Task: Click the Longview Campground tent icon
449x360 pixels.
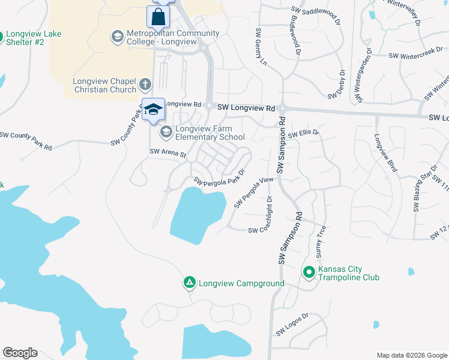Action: (189, 282)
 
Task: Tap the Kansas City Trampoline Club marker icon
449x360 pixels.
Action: (309, 273)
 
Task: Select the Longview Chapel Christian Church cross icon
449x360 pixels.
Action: (145, 83)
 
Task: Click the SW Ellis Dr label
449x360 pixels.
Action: (304, 134)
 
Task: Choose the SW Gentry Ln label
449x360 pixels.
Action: (261, 46)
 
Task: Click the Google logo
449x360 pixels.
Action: (20, 353)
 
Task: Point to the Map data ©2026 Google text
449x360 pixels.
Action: (412, 355)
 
